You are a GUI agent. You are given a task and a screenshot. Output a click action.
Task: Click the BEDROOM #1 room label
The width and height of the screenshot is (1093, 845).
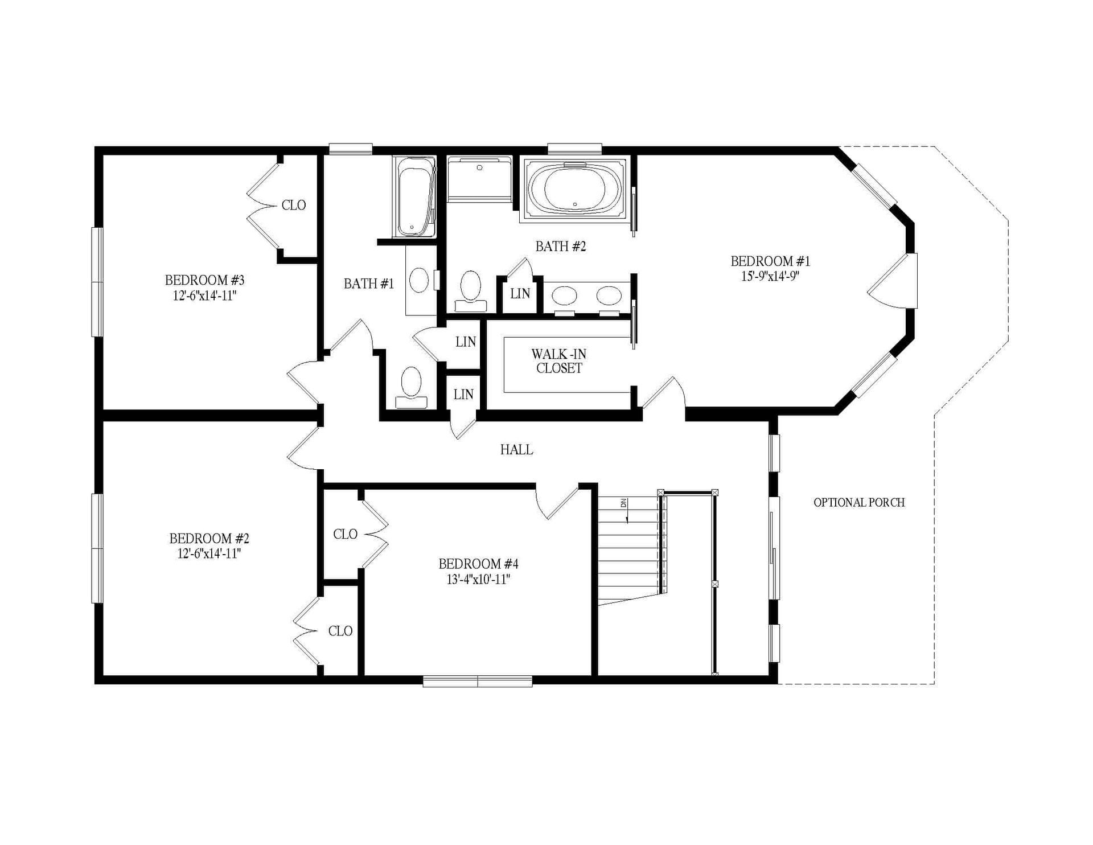point(770,261)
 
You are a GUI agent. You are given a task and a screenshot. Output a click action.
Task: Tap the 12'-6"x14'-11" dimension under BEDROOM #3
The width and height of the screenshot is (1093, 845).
point(204,296)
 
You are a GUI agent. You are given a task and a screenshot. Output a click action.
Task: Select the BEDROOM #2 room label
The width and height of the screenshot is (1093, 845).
point(209,538)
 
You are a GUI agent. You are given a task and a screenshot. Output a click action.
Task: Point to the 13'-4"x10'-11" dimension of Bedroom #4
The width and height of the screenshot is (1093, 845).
point(478,580)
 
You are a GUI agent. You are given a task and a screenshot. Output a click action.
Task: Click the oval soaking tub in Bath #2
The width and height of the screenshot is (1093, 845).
point(574,190)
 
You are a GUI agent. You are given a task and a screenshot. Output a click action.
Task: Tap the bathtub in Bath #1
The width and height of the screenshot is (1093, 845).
point(414,196)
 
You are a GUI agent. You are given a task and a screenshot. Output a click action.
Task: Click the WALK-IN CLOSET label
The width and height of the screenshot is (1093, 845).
point(559,361)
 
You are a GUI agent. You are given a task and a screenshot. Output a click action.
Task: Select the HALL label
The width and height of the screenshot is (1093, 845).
point(516,450)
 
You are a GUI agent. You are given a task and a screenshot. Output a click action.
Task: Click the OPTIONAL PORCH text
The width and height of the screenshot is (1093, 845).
point(858,502)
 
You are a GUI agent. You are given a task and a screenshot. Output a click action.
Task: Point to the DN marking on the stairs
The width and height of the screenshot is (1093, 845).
point(623,503)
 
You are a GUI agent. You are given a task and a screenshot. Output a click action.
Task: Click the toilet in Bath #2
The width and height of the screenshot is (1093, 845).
point(471,289)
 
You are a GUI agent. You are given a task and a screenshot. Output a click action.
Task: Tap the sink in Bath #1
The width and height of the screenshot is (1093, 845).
point(420,280)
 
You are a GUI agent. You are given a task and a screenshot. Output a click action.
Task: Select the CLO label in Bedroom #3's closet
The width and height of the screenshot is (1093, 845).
point(294,205)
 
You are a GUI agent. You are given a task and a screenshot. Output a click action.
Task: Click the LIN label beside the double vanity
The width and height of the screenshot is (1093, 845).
point(520,294)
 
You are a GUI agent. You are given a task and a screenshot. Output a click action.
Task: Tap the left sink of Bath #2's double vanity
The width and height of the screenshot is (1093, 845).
point(565,296)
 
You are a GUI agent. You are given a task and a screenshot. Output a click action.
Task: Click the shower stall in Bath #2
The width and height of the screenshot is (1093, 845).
point(479,179)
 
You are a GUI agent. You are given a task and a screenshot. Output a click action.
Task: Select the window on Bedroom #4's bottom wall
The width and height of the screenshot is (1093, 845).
point(477,680)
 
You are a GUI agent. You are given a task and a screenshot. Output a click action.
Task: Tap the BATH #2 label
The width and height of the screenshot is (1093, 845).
point(560,247)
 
